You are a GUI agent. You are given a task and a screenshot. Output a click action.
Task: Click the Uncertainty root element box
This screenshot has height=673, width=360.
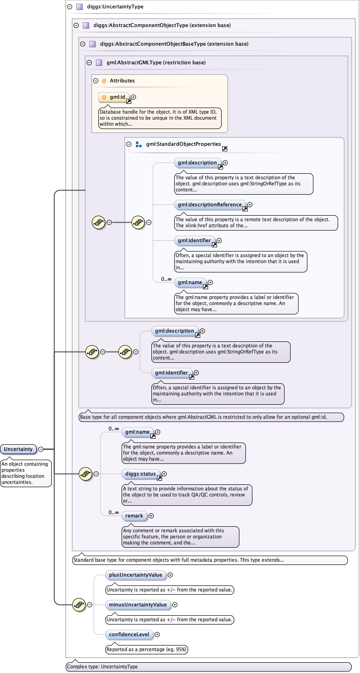(x=19, y=449)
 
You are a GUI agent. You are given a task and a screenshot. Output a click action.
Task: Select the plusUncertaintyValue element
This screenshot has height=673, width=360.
(x=136, y=575)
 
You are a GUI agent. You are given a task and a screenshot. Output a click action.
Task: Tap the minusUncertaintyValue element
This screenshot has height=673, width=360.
(x=137, y=605)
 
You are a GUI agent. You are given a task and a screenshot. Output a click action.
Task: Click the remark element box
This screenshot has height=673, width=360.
(x=134, y=516)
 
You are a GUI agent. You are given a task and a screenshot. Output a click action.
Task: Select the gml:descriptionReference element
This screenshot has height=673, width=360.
(x=210, y=204)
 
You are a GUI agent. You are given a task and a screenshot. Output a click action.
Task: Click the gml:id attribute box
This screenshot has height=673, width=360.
(x=114, y=97)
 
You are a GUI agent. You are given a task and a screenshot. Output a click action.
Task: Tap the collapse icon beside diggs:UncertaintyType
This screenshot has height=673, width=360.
(x=69, y=7)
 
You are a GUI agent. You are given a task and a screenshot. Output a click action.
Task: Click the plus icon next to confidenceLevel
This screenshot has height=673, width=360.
(x=157, y=634)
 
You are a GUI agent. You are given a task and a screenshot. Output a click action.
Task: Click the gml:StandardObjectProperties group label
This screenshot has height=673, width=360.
(x=183, y=144)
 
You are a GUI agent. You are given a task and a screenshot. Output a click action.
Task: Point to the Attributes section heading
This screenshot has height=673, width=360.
(x=122, y=81)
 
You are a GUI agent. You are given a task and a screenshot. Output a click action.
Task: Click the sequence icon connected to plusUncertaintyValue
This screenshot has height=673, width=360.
(x=79, y=605)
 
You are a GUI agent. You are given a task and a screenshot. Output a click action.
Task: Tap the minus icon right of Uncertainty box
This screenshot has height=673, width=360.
(x=41, y=449)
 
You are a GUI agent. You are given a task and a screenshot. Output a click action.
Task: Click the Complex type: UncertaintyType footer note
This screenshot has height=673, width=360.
(x=102, y=666)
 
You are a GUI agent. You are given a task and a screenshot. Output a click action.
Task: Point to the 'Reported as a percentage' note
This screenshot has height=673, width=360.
(x=147, y=649)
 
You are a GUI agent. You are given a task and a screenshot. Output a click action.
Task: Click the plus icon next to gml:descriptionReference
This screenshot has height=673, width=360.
(x=250, y=204)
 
